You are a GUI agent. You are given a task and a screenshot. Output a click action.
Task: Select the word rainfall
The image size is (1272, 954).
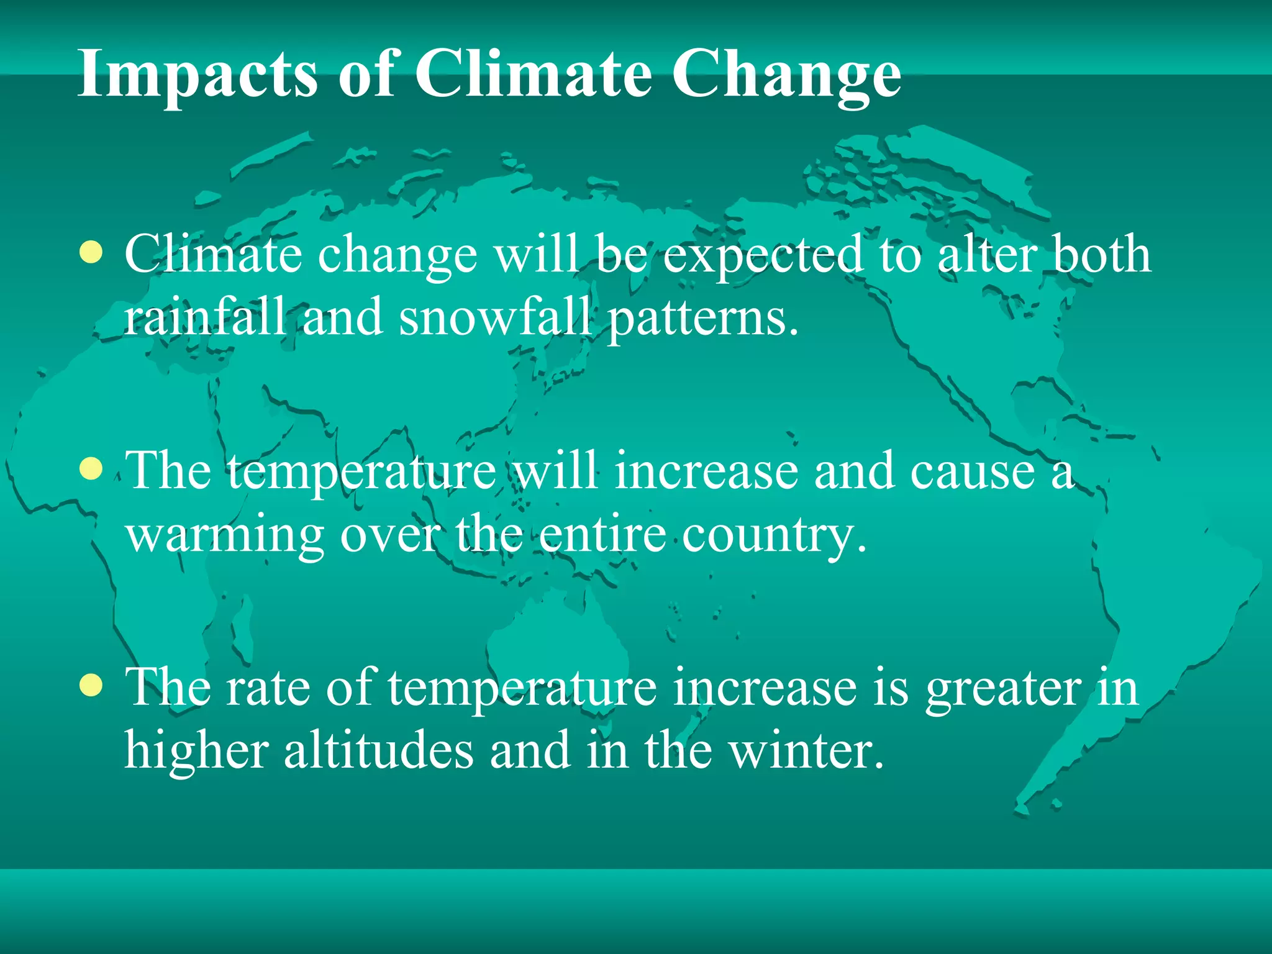click(205, 317)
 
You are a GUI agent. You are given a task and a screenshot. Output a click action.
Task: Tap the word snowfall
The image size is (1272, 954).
click(495, 317)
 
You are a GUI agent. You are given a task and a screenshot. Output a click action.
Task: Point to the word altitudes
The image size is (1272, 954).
click(378, 750)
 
